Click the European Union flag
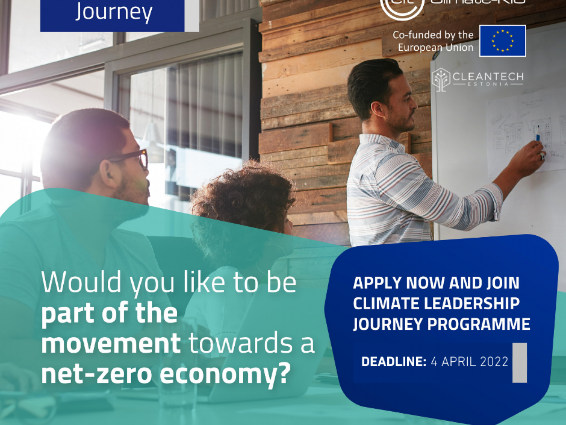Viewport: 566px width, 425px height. point(502,41)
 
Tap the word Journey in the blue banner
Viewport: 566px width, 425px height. point(114,12)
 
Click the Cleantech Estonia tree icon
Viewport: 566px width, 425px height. point(441,79)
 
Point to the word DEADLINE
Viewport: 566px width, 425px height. point(393,362)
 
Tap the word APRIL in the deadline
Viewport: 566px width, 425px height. point(459,362)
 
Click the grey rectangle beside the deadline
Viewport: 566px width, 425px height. point(520,362)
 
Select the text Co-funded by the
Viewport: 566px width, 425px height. point(433,35)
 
